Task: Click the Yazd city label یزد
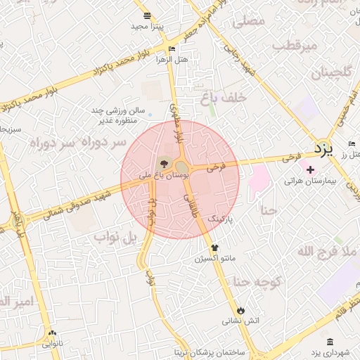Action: tap(322, 149)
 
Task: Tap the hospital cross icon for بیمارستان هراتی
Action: tap(309, 169)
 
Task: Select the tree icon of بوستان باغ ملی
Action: tap(164, 164)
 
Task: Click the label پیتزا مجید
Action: tap(147, 26)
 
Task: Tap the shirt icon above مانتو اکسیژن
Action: tap(215, 247)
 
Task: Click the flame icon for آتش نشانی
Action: tap(241, 309)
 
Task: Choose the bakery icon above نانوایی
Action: tap(51, 333)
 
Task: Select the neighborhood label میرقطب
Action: tap(295, 45)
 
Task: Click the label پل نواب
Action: tap(113, 237)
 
